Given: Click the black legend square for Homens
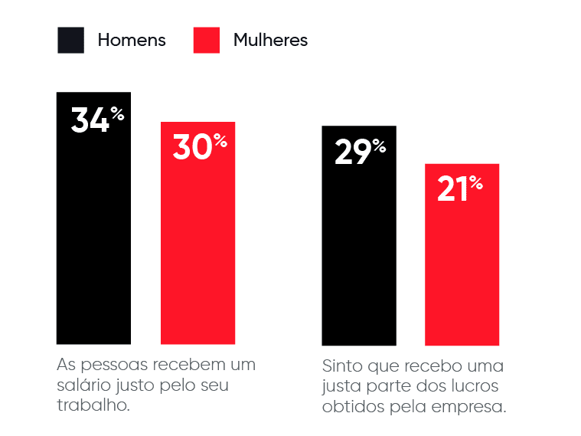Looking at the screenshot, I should coord(70,40).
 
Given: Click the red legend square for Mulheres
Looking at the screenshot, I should coord(207,40).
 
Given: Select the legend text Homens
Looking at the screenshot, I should coord(132,41).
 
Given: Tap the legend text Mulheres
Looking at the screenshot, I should coord(270,41).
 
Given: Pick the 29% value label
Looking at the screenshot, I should coord(360,152).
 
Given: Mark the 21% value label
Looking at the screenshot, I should coord(460,189).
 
